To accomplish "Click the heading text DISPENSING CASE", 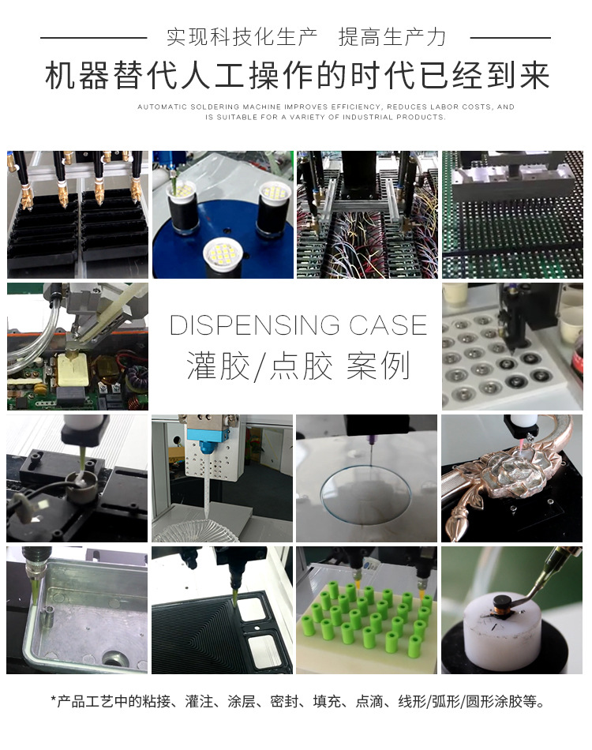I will tap(298, 325).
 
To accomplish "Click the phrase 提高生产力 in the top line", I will tap(392, 36).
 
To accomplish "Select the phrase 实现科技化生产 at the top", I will tap(242, 36).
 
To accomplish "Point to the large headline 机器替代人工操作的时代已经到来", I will tap(297, 77).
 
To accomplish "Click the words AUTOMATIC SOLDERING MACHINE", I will tap(210, 107).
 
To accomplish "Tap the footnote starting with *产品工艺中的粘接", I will tap(298, 700).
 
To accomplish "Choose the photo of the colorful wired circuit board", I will tap(366, 214).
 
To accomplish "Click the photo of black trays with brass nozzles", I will tap(77, 214).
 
